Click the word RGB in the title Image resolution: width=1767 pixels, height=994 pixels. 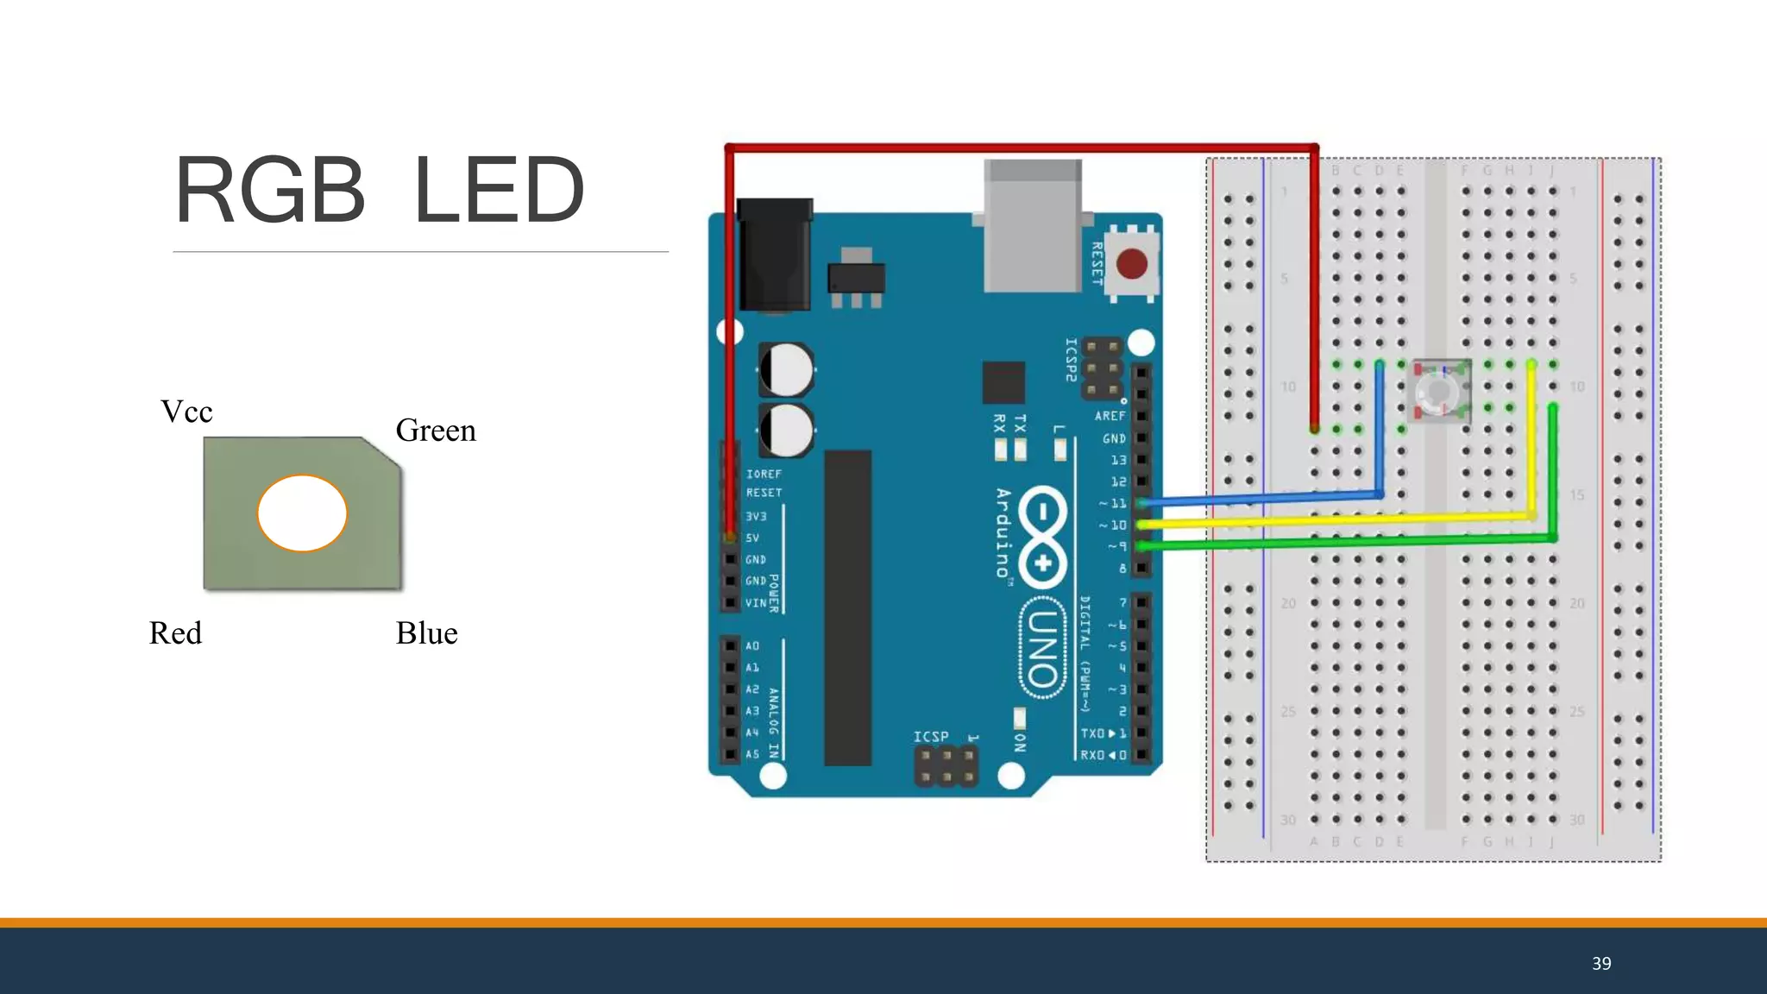[x=270, y=190]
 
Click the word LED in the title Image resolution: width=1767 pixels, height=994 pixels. [x=499, y=190]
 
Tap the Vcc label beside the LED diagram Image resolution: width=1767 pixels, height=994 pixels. [x=186, y=412]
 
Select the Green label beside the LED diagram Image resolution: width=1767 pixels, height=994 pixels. [x=436, y=431]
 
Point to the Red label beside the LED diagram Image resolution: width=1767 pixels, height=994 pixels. [x=175, y=633]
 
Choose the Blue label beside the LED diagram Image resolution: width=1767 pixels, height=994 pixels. [x=426, y=633]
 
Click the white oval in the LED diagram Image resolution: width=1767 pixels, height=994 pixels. [x=302, y=513]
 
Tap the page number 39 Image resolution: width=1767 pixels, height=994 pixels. [x=1601, y=964]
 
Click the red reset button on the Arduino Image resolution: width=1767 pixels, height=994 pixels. [x=1131, y=263]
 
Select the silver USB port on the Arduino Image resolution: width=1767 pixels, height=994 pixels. [x=1033, y=226]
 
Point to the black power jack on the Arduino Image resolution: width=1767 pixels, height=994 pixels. [x=775, y=255]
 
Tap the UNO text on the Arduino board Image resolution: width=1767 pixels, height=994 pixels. [x=1042, y=647]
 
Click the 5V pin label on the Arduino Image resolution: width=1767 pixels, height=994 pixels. [x=752, y=538]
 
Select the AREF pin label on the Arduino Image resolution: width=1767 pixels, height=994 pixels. [x=1110, y=416]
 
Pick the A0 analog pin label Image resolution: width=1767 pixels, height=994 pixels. [x=752, y=645]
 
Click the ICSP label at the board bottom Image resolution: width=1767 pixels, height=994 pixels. [x=931, y=736]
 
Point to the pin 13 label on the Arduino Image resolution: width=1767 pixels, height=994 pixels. [x=1118, y=460]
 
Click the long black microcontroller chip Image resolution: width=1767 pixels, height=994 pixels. [x=847, y=607]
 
